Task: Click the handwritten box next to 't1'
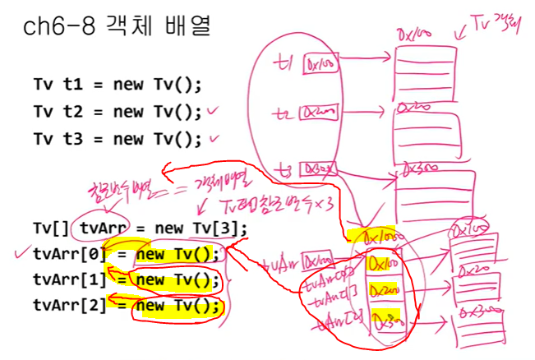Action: tap(316, 62)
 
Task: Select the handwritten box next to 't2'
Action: tap(316, 111)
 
